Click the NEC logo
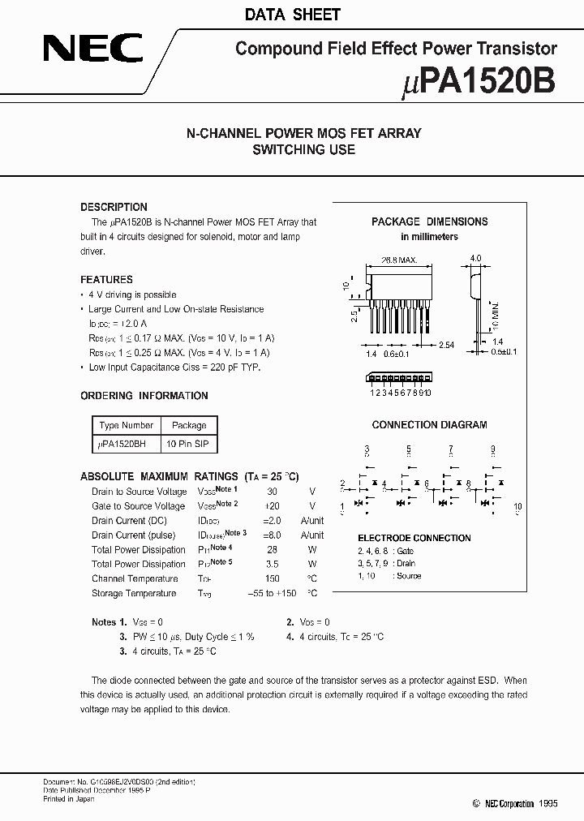coord(92,50)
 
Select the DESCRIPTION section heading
coord(114,207)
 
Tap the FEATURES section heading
coord(106,279)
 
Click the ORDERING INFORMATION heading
coord(144,396)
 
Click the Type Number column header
coord(126,425)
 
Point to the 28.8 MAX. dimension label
coord(398,260)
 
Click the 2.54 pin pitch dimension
coord(447,346)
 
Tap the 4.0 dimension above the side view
coord(475,258)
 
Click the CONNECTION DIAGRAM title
coord(429,424)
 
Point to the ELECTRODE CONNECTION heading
coord(414,538)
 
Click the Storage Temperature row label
coord(134,593)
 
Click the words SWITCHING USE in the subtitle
coord(303,149)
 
